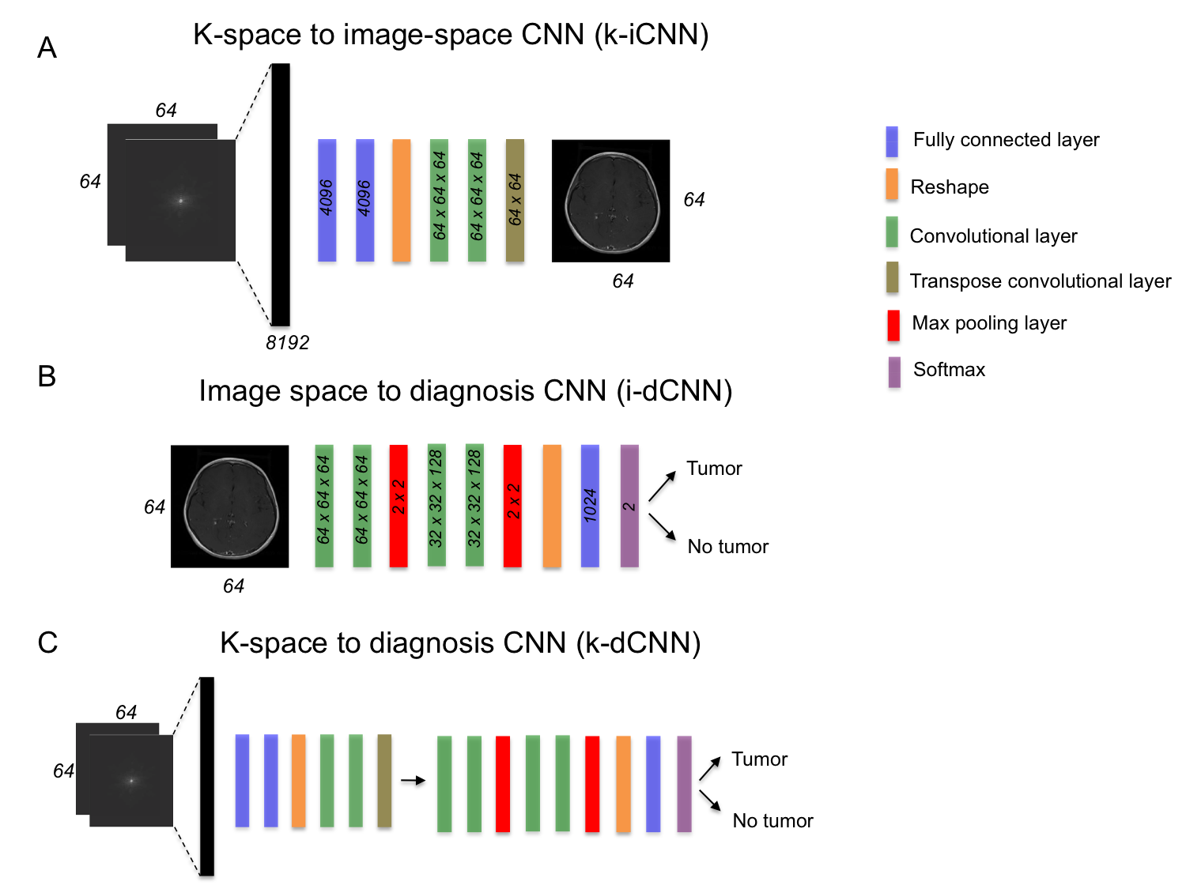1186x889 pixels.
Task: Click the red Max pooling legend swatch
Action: click(893, 325)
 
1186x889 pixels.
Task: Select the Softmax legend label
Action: click(949, 370)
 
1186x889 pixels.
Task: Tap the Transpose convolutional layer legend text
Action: click(1040, 281)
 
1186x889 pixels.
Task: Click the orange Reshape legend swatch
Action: click(892, 184)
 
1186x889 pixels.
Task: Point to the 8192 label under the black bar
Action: click(287, 343)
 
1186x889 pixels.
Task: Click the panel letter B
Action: click(47, 376)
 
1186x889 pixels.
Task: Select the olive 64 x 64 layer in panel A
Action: click(515, 200)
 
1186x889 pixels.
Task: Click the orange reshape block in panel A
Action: click(402, 200)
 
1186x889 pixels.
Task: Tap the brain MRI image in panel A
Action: click(610, 201)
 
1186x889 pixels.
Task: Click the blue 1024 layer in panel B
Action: click(590, 506)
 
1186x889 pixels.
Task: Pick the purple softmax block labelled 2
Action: click(629, 506)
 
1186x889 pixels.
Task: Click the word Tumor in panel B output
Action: click(714, 469)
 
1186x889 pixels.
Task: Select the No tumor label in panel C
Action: click(772, 821)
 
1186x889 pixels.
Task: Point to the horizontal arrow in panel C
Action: click(413, 781)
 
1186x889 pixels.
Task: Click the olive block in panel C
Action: click(384, 781)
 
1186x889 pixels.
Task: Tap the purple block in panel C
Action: click(684, 783)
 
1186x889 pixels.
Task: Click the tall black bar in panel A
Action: click(281, 194)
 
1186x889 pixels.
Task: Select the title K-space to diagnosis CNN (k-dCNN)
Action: click(460, 643)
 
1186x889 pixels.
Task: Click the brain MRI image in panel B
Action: click(229, 506)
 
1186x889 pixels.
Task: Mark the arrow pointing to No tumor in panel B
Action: click(662, 526)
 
